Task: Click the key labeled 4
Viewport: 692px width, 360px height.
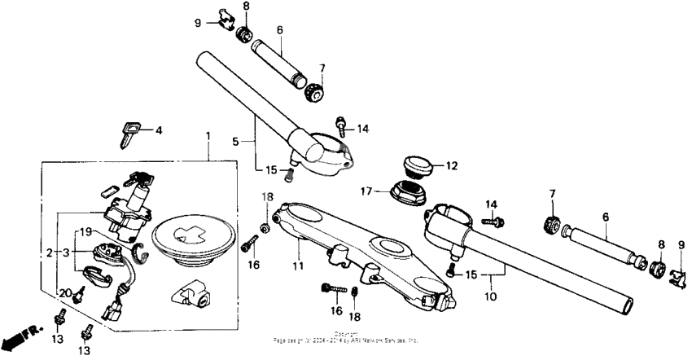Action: tap(129, 132)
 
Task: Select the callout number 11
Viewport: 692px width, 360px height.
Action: tap(298, 266)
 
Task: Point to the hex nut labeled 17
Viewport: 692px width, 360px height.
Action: tap(406, 193)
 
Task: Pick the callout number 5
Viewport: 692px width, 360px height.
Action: tap(235, 141)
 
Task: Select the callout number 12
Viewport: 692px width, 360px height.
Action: tap(451, 165)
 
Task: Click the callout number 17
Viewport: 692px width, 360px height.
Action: tap(367, 191)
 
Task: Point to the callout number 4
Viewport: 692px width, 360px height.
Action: tap(159, 130)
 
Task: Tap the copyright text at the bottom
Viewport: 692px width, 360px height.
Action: tap(346, 336)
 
